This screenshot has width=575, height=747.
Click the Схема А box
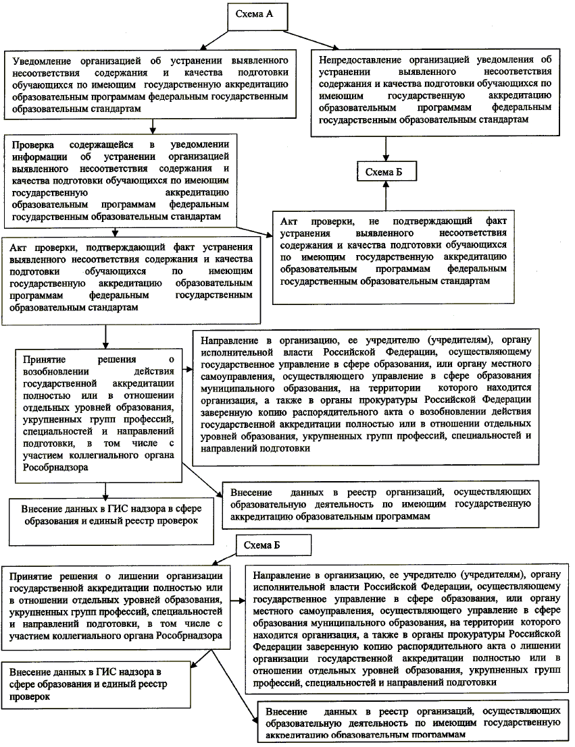click(x=253, y=14)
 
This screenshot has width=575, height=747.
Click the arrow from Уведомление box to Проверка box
click(x=155, y=126)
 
